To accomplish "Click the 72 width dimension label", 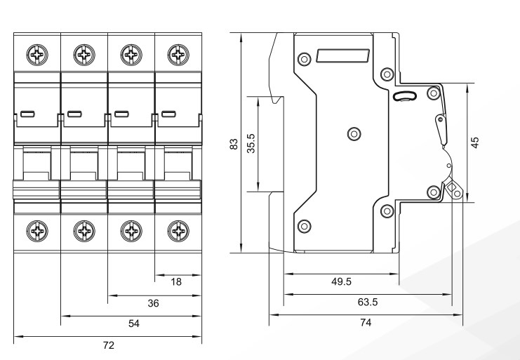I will [108, 346].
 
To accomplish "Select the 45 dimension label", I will [475, 142].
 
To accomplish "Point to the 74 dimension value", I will [366, 323].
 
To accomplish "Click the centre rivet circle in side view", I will [354, 132].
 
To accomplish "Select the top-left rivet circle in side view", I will [304, 58].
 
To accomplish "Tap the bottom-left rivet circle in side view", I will [304, 226].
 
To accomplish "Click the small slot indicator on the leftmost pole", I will [27, 114].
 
